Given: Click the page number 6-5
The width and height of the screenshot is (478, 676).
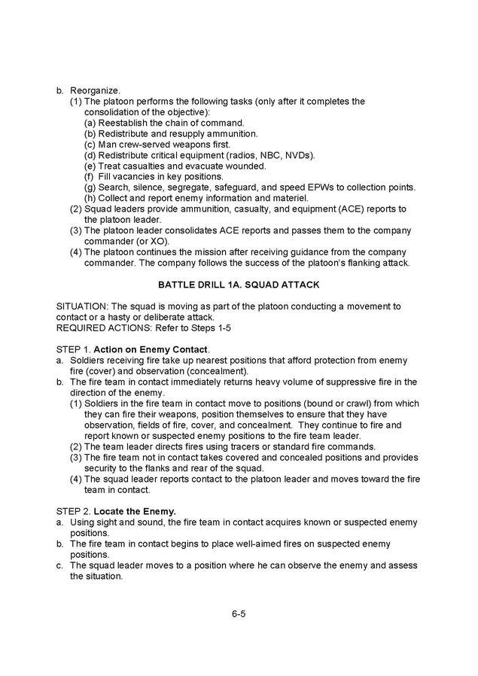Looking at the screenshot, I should (239, 614).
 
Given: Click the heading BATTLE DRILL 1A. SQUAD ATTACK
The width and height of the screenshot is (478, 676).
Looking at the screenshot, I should (239, 285).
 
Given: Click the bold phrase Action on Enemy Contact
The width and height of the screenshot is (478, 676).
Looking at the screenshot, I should (151, 349).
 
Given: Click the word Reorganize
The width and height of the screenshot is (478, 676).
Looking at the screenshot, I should (95, 90).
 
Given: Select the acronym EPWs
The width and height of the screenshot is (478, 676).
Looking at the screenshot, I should (322, 187).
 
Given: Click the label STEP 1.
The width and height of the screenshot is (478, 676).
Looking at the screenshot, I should (73, 349).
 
